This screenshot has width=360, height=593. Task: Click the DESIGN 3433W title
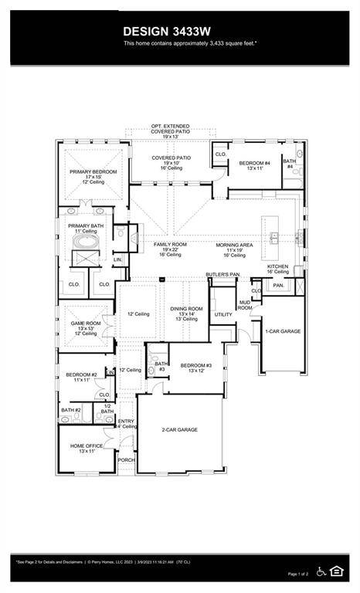(x=179, y=31)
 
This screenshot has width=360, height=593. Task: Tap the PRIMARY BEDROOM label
(x=93, y=171)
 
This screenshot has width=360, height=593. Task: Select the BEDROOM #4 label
(x=254, y=163)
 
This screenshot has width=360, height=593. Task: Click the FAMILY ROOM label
(x=170, y=245)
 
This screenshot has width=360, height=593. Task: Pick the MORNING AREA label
(x=235, y=245)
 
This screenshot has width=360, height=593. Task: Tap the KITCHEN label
(x=277, y=266)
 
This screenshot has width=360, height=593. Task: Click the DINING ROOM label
(x=186, y=309)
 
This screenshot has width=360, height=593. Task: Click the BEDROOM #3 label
(x=195, y=365)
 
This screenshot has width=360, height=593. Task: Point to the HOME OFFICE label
(x=87, y=446)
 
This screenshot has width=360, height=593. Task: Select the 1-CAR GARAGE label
(x=283, y=330)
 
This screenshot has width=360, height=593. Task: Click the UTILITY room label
(x=223, y=314)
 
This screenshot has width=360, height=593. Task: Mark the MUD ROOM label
(x=245, y=304)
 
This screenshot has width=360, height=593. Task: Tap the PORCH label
(x=126, y=460)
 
